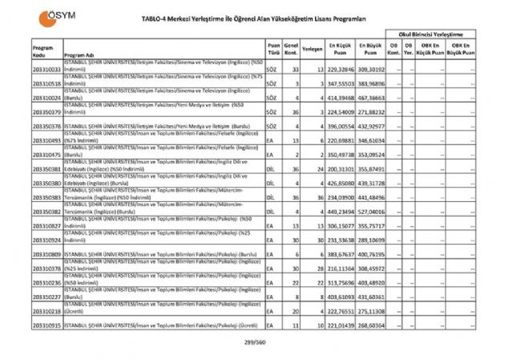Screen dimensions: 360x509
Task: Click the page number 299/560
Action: point(254,342)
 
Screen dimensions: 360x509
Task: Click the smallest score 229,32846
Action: point(340,71)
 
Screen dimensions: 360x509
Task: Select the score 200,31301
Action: point(340,170)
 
